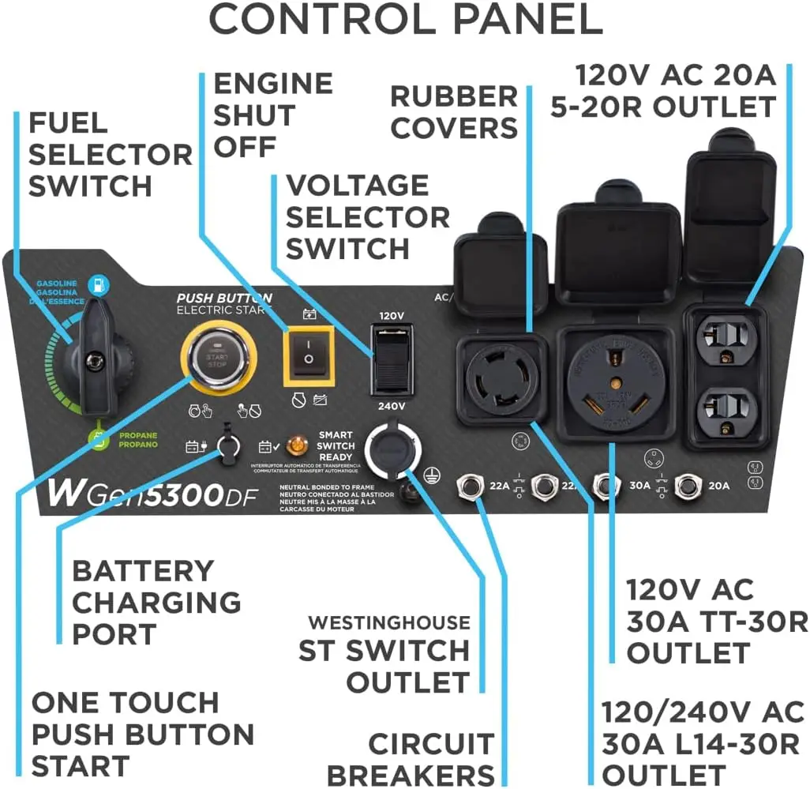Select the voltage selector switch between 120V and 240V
point(392,360)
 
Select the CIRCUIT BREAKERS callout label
point(410,759)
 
